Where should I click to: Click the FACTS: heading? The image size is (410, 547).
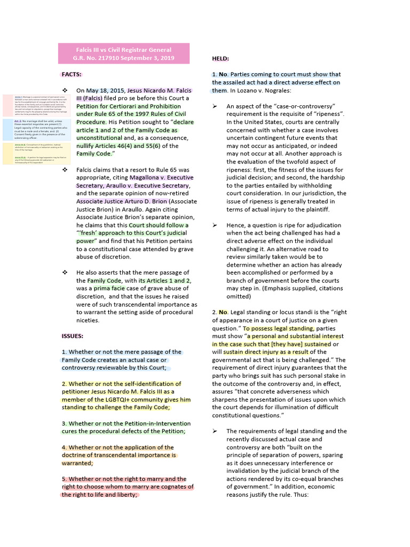(72, 74)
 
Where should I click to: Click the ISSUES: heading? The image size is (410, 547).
(73, 336)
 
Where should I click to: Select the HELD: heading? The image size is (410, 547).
(220, 58)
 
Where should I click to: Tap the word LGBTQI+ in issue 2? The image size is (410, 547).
(113, 400)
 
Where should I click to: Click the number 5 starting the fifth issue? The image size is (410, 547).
(64, 479)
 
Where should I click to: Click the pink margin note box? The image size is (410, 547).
(30, 104)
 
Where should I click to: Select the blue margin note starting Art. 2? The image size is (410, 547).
(30, 128)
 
